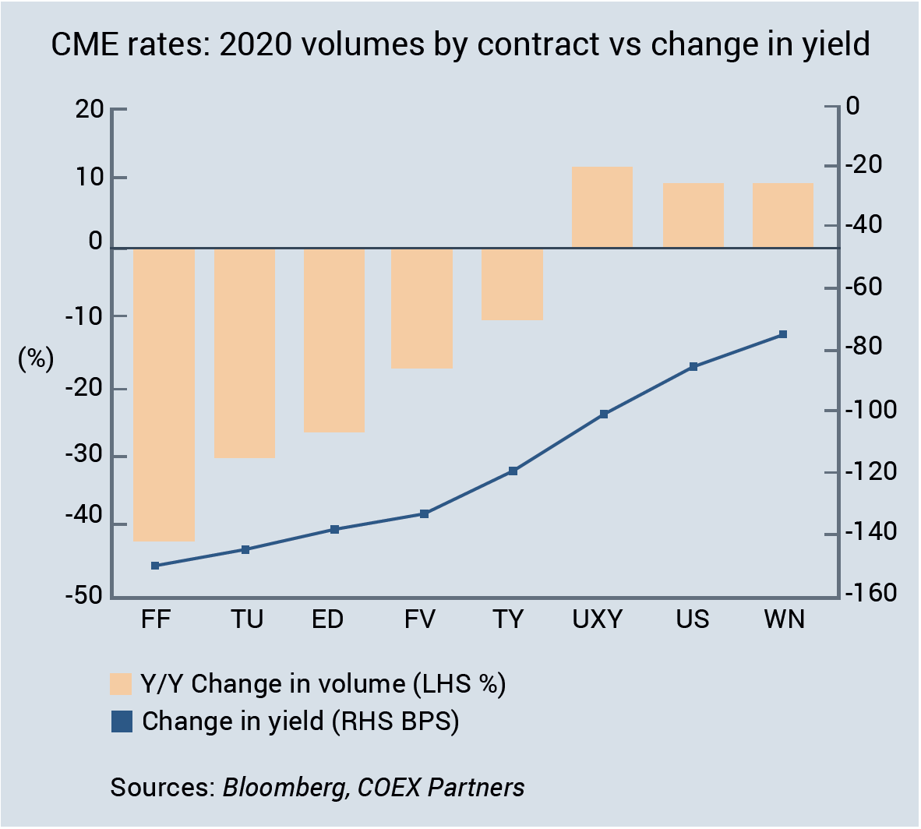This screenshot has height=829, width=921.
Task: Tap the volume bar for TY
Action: click(512, 284)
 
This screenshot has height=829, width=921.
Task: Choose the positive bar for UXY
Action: click(602, 207)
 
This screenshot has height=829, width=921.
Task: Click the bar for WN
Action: click(782, 216)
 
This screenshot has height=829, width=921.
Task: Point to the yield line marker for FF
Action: click(155, 566)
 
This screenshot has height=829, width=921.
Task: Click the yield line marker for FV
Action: click(425, 514)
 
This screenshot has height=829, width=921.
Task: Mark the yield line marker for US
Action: click(693, 367)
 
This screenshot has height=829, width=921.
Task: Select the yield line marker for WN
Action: click(783, 335)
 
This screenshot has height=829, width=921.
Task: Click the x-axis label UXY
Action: click(598, 619)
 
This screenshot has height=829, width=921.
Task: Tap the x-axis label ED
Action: click(327, 619)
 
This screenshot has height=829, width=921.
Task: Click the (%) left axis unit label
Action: click(36, 358)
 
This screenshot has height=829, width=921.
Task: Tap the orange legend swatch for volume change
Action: click(122, 683)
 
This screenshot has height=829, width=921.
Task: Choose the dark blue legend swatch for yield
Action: click(122, 721)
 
